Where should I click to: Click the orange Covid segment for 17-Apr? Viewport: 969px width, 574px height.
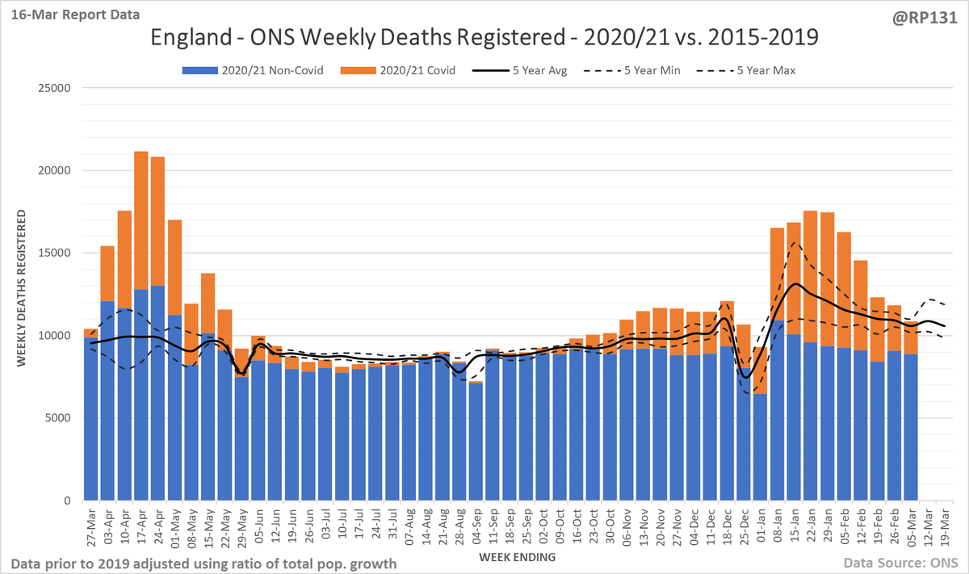coord(141,220)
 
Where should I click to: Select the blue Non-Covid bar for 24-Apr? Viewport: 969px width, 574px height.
coord(158,393)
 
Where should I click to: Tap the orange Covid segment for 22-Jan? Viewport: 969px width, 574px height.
coord(810,276)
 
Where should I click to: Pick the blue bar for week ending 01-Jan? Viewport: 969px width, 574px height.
coord(760,446)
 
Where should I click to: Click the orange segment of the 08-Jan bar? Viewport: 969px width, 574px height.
coord(777,274)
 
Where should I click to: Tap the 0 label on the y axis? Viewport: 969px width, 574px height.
coord(67,501)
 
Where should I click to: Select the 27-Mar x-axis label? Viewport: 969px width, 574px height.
coord(91,528)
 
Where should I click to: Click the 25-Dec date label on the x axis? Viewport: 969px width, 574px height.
coord(744,528)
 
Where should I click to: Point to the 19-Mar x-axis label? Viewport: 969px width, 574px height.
coord(945,528)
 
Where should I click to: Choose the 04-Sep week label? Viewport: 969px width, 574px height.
coord(476,528)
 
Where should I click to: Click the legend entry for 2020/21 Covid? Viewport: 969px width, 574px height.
coord(398,70)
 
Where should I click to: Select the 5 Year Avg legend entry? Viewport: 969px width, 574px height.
coord(519,70)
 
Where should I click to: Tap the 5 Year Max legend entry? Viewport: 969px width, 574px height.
coord(746,70)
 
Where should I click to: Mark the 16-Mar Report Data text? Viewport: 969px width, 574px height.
coord(75,15)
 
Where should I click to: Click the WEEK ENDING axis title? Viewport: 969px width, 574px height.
coord(517,557)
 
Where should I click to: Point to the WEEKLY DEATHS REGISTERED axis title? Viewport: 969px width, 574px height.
coord(21,288)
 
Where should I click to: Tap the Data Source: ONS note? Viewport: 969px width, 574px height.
coord(901,564)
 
